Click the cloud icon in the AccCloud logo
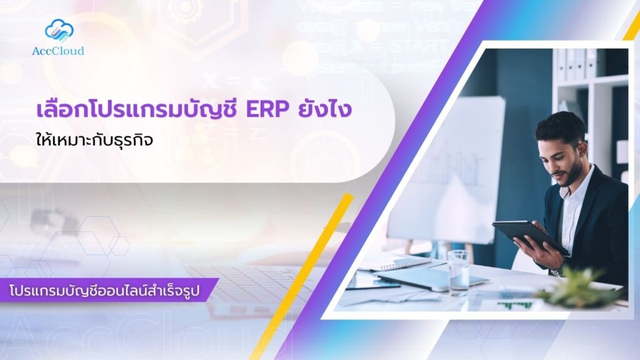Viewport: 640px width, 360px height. (x=59, y=30)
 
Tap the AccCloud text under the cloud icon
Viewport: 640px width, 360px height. (x=58, y=51)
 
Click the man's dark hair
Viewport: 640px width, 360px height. (x=560, y=124)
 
